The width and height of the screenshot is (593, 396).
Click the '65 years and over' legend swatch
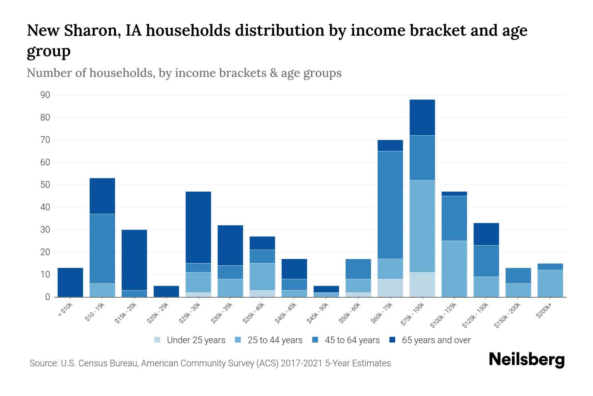(x=393, y=340)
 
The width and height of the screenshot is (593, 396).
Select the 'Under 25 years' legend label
(x=196, y=340)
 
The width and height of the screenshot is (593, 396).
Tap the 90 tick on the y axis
(x=45, y=95)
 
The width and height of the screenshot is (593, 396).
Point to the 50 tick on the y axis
(x=45, y=185)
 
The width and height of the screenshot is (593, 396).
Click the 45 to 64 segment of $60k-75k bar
(x=390, y=205)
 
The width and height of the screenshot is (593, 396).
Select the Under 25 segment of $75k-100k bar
(x=422, y=284)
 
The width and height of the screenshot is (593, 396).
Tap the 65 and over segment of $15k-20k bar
(x=134, y=260)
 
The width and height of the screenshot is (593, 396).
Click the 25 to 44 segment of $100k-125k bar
(x=454, y=269)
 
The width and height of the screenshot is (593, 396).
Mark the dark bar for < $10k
(x=70, y=282)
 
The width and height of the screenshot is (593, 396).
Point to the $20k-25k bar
(x=166, y=291)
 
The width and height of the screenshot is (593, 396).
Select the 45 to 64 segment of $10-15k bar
(x=102, y=248)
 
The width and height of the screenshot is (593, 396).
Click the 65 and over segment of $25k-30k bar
(x=198, y=227)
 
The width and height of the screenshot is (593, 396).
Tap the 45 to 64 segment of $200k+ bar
(x=550, y=267)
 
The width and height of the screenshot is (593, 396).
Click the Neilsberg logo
(x=526, y=360)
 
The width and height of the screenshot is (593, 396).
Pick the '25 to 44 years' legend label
(x=275, y=340)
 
